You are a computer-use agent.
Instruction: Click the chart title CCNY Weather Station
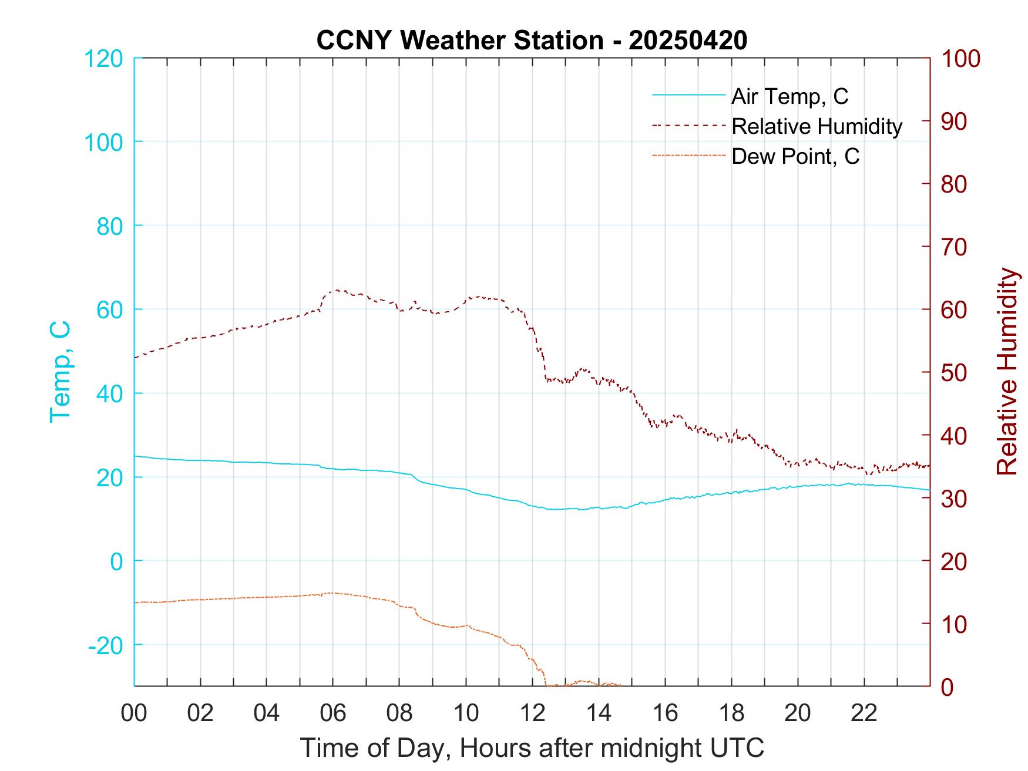click(x=532, y=41)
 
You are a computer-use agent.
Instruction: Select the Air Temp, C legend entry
click(x=790, y=96)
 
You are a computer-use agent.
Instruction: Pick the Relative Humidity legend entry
click(x=817, y=126)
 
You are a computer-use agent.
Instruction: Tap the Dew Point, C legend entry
click(x=795, y=156)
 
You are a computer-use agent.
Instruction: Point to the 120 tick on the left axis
click(x=103, y=59)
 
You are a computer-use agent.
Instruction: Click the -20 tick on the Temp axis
click(x=106, y=645)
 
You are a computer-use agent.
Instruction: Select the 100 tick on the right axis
click(x=961, y=59)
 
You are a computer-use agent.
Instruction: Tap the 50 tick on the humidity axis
click(x=955, y=373)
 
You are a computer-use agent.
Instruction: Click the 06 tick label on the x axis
click(x=332, y=713)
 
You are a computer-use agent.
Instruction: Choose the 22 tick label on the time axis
click(x=864, y=713)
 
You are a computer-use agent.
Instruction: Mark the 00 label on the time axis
click(x=133, y=713)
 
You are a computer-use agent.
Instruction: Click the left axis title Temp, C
click(x=60, y=372)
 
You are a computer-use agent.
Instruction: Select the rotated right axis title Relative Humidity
click(x=1007, y=372)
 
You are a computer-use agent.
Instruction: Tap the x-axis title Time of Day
click(x=532, y=748)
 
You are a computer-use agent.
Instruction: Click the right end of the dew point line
click(x=620, y=685)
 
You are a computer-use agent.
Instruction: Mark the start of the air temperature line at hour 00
click(x=135, y=456)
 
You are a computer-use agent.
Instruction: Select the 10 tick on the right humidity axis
click(x=955, y=624)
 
